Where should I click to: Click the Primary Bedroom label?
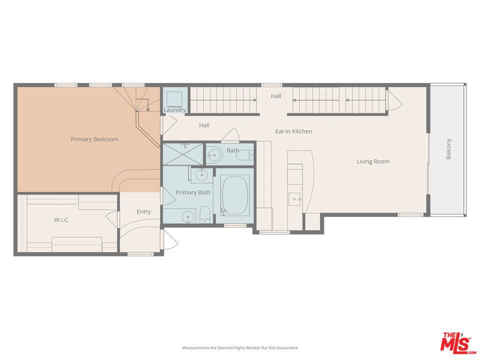coord(94,139)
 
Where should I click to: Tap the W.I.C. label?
coord(61,220)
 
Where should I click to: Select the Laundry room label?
coord(175,109)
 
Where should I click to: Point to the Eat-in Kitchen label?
coord(293,131)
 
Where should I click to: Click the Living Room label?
coord(373,161)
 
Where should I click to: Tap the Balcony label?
coord(448,149)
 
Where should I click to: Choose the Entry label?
coord(143,211)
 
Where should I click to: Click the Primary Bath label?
coord(193,192)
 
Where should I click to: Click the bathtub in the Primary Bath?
coord(235,195)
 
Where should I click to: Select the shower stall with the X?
coord(183,153)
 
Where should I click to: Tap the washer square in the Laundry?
coord(174,99)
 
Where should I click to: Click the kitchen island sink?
coord(294,199)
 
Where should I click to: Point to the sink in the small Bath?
coord(214,155)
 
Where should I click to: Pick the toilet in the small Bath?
coord(245,155)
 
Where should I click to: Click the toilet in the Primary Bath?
coord(205,214)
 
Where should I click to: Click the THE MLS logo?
coord(458,343)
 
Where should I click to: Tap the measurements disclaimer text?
coord(240,348)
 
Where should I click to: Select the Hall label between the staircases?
coord(276,96)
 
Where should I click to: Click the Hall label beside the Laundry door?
coord(204,125)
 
